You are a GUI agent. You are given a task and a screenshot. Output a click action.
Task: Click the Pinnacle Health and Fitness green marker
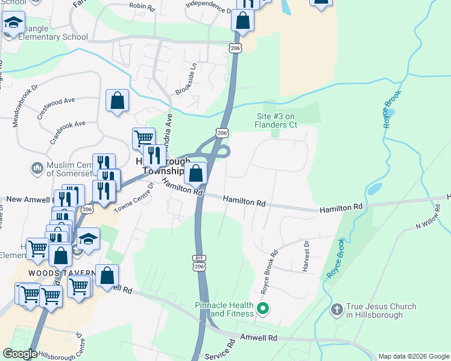[x=262, y=309]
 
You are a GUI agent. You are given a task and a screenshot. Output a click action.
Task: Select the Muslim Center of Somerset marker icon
[x=36, y=167]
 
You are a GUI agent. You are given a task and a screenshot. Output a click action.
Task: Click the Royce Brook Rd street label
[x=269, y=271]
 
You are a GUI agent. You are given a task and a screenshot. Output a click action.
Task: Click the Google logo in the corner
[x=20, y=354]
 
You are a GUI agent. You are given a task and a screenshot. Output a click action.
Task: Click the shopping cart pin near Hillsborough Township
[x=143, y=138]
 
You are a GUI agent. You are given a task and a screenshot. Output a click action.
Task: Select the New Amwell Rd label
[x=31, y=199]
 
